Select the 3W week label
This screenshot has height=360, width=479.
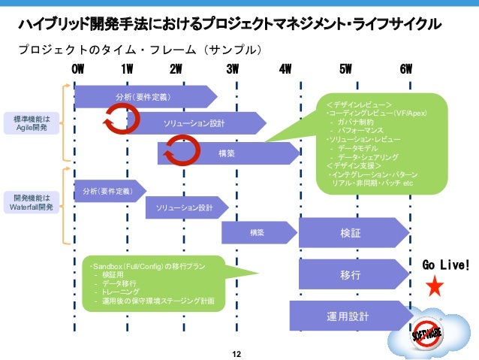tap(232, 70)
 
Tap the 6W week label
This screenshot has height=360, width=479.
tap(406, 70)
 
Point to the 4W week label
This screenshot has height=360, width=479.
tap(285, 70)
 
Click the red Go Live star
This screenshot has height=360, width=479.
tap(435, 286)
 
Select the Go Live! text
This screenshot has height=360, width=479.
tap(446, 265)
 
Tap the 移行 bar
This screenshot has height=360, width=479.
tap(351, 276)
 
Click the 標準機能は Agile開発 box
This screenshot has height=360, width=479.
tap(32, 124)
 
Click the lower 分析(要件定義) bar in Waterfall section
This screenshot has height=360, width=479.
tap(109, 192)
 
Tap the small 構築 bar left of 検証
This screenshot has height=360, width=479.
tap(258, 232)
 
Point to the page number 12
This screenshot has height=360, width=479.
tap(239, 352)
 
